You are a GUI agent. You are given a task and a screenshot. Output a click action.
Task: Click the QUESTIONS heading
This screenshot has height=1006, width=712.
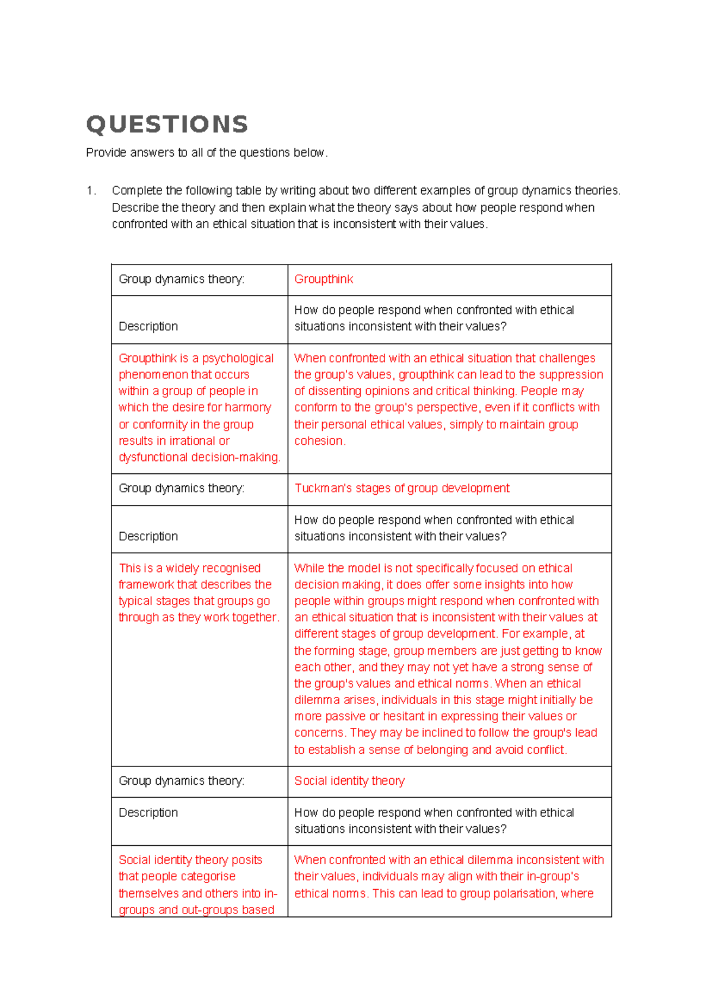coord(167,125)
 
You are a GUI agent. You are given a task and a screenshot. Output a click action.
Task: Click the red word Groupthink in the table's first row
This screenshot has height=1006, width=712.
coord(323,279)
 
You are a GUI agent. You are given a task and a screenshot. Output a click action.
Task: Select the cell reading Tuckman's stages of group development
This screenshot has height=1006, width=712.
coord(402,488)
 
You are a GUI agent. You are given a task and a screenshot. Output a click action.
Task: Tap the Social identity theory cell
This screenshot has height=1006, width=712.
coord(349,781)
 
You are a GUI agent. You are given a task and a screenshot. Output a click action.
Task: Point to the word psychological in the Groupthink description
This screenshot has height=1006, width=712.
coord(238,358)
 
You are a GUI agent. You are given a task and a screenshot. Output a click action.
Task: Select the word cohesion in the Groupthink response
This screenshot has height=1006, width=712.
coord(319,441)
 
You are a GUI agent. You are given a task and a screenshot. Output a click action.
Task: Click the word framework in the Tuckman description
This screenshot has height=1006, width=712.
coord(146,585)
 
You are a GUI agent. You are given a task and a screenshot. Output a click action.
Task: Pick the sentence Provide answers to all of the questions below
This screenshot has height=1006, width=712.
coord(206,153)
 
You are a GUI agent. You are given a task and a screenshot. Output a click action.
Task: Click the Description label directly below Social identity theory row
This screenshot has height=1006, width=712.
coord(148,813)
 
